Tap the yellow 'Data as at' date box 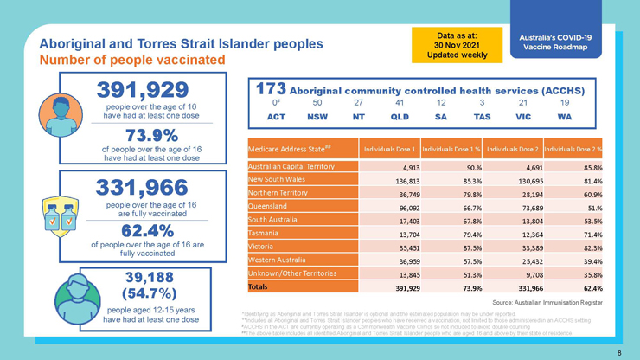click(x=458, y=44)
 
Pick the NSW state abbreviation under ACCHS click(x=317, y=116)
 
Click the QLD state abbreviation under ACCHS click(x=400, y=116)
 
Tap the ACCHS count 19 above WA click(x=565, y=102)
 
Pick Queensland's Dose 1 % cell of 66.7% click(x=470, y=209)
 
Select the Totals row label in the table click(x=259, y=286)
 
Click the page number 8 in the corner click(x=619, y=352)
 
